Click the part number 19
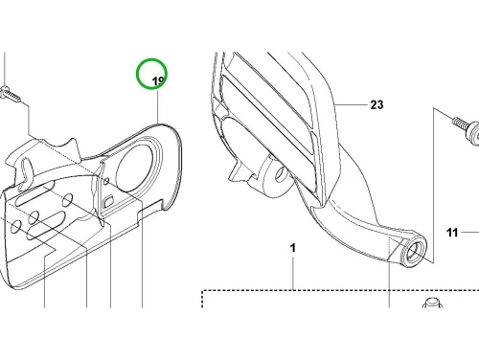(x=158, y=81)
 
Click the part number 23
(x=376, y=104)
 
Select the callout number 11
(x=452, y=233)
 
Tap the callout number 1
(x=293, y=248)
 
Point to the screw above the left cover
(x=10, y=93)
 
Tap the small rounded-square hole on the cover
(x=109, y=200)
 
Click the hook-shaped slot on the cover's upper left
(x=27, y=172)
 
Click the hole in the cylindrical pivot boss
(x=281, y=173)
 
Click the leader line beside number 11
(x=470, y=233)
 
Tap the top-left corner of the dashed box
(x=203, y=290)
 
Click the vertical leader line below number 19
(x=158, y=105)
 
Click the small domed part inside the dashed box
(x=432, y=303)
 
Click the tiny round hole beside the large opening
(x=106, y=182)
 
